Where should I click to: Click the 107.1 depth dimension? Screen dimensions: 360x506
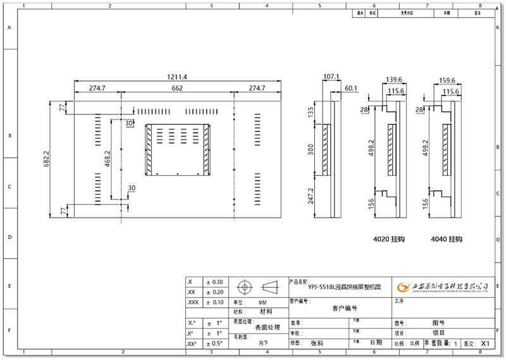point(331,77)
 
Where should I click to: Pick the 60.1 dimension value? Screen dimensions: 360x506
point(351,88)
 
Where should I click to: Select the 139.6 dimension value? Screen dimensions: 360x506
point(394,80)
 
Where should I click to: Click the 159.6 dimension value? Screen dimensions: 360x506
point(448,80)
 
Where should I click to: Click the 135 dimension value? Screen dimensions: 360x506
point(311,113)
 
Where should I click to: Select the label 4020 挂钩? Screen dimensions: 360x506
point(389,240)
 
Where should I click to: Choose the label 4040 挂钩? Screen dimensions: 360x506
point(447,240)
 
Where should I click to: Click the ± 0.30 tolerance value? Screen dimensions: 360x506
point(214,282)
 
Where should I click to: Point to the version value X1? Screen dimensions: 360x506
point(486,344)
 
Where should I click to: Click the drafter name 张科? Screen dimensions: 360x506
point(317,344)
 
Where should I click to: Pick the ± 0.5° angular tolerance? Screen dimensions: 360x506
point(214,344)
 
